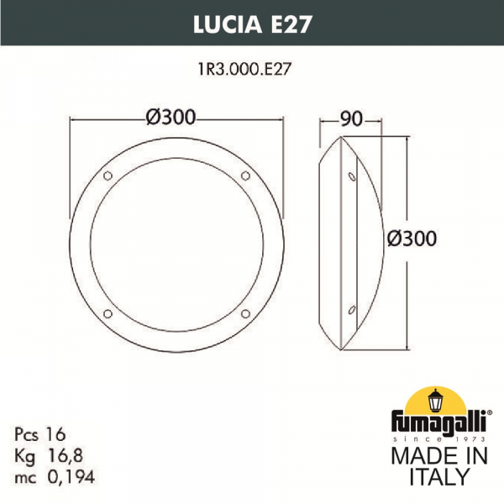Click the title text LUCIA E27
[x=252, y=24]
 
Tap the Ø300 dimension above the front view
[x=176, y=118]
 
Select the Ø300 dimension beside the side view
[x=412, y=239]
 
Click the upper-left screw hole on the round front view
[x=107, y=176]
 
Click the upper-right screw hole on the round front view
[x=245, y=176]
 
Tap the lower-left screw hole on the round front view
[x=107, y=313]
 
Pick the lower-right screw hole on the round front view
[x=245, y=313]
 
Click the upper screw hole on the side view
[x=351, y=176]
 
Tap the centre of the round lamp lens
[x=176, y=244]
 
